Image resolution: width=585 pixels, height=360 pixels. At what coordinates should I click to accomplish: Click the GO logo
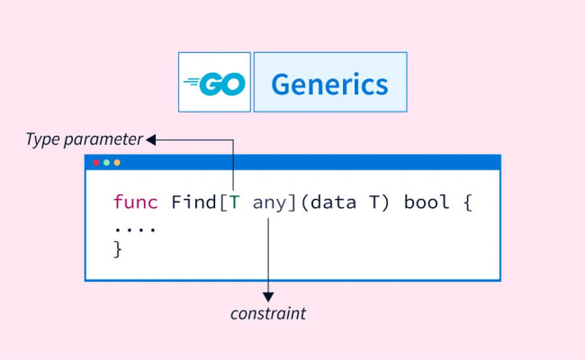pyautogui.click(x=214, y=83)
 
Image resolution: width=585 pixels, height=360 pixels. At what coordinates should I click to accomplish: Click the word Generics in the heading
pyautogui.click(x=329, y=84)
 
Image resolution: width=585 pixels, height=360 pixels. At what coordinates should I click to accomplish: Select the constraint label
pyautogui.click(x=268, y=314)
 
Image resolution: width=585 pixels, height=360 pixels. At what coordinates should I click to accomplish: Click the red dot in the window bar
pyautogui.click(x=96, y=163)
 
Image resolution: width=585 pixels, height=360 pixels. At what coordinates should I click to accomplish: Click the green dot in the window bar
pyautogui.click(x=106, y=163)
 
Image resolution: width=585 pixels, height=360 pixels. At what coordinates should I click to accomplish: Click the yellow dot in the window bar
pyautogui.click(x=116, y=163)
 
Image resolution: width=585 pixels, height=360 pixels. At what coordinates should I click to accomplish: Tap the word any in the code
pyautogui.click(x=268, y=202)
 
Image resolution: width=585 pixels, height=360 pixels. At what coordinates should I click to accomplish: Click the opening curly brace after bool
pyautogui.click(x=467, y=202)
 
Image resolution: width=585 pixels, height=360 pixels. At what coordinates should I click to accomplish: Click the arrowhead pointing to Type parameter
pyautogui.click(x=151, y=139)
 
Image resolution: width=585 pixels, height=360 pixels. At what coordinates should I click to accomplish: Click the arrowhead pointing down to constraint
pyautogui.click(x=268, y=296)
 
